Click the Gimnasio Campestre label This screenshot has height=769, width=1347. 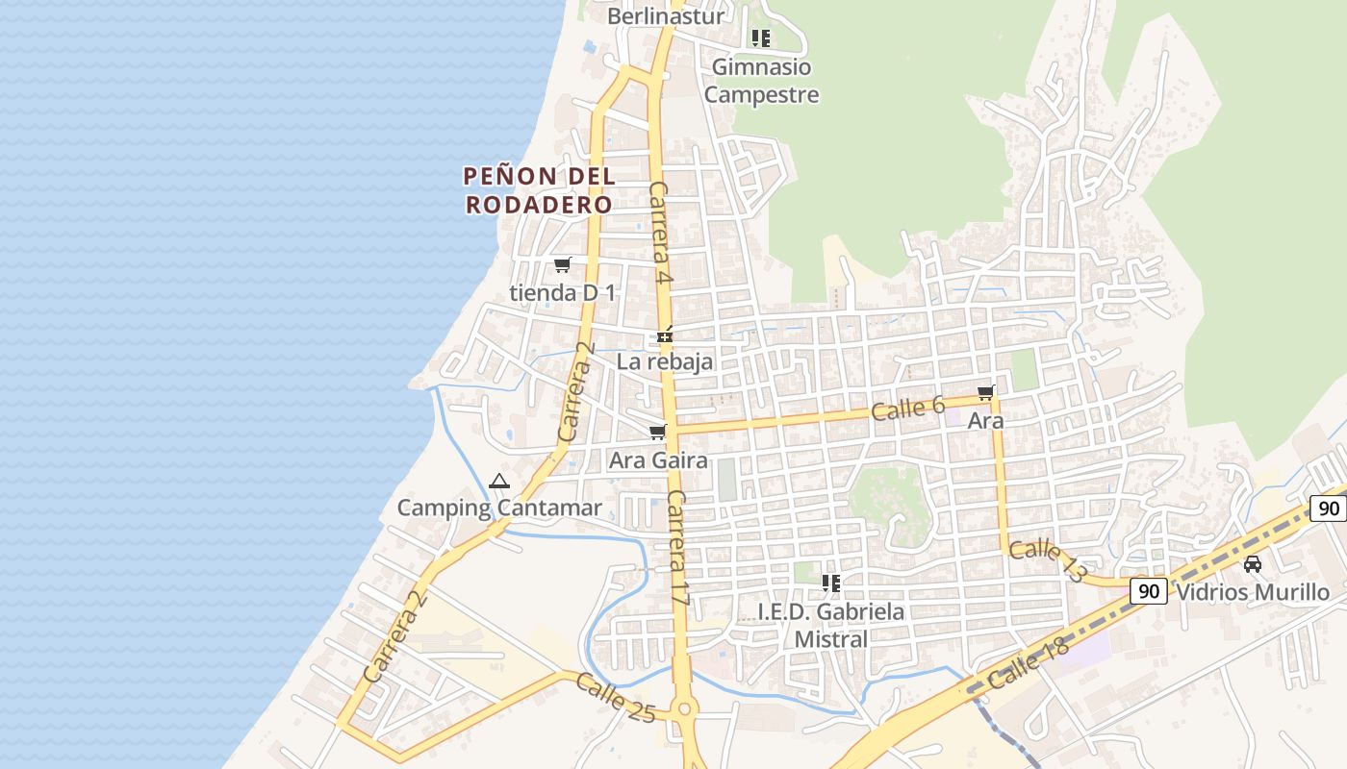[761, 81]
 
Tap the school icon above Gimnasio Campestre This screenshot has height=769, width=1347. [761, 38]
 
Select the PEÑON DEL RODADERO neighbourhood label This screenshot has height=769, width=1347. [539, 190]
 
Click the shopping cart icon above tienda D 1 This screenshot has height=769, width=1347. [563, 264]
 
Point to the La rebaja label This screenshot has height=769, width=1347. [665, 361]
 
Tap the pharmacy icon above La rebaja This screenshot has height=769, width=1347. [664, 336]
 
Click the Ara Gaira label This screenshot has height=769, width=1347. [658, 460]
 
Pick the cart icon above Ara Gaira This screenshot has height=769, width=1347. [658, 433]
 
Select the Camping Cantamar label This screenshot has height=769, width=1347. [499, 508]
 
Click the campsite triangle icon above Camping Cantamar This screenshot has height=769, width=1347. [498, 481]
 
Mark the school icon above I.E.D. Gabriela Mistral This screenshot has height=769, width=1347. [831, 583]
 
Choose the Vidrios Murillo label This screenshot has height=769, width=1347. [1253, 592]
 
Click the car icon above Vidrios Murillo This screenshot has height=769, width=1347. [1253, 564]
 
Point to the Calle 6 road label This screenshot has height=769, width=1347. [908, 409]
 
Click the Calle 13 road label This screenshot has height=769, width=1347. [1048, 561]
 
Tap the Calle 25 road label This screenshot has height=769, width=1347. [616, 698]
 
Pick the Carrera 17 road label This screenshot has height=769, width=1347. [678, 548]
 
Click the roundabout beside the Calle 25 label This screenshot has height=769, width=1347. [685, 709]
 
